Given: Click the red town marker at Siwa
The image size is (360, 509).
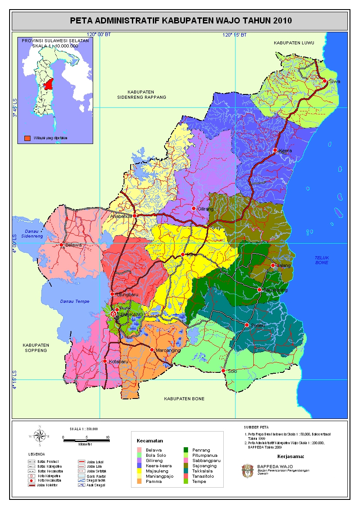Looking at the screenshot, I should [x=324, y=81].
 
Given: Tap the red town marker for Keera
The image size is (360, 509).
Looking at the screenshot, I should [x=275, y=150].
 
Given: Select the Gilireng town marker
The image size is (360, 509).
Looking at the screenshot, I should [x=194, y=208].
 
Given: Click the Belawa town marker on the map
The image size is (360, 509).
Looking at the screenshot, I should [x=61, y=245].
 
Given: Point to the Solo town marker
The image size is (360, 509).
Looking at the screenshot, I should [x=223, y=371].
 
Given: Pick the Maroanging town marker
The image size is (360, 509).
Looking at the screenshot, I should [x=152, y=350].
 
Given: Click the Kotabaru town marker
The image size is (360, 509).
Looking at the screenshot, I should [x=105, y=361].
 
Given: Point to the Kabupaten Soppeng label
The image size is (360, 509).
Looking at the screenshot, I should [x=36, y=347].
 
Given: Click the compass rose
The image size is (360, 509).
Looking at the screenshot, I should [x=40, y=435].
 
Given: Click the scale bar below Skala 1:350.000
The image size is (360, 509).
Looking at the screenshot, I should [x=85, y=441].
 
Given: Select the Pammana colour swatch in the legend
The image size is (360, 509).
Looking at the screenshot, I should [x=139, y=481].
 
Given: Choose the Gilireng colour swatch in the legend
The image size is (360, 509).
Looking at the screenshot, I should [x=139, y=460].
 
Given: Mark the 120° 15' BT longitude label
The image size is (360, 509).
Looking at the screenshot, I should [x=235, y=35].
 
